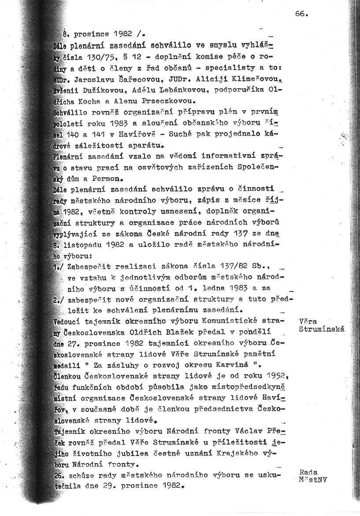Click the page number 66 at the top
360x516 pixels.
(301, 13)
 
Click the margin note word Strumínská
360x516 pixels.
(321, 329)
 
